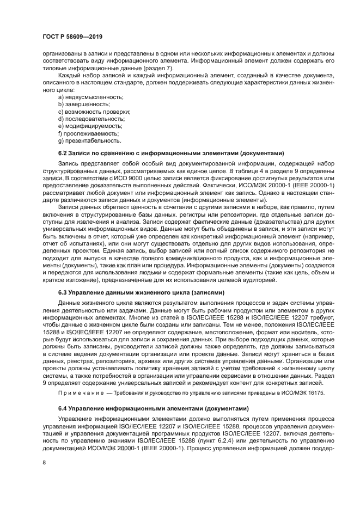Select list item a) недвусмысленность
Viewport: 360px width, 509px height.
coord(90,97)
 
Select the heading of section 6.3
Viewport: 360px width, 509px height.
coord(141,292)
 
